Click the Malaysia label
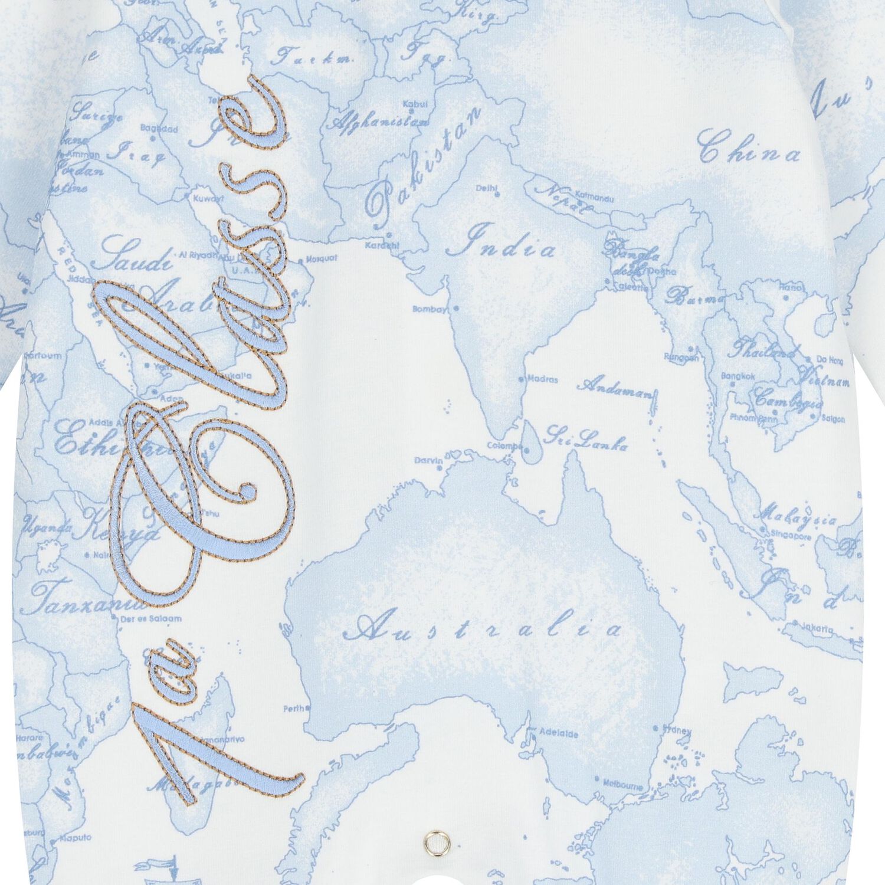tap(799, 516)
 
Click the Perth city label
tap(296, 709)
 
